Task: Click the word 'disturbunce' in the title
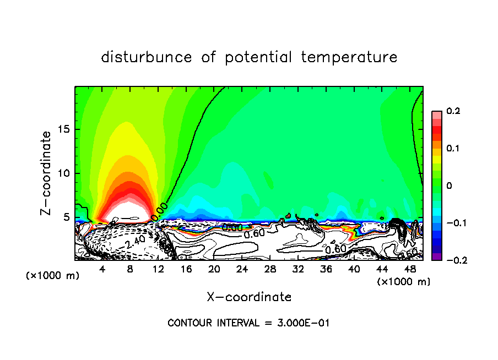[x=147, y=57]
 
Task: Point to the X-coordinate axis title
[x=249, y=297]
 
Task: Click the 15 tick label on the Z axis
[x=64, y=129]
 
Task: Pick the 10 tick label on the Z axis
[x=64, y=173]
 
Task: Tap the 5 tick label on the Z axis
[x=67, y=217]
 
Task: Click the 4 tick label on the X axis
[x=102, y=269]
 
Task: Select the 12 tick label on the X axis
[x=158, y=269]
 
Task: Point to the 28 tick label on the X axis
[x=270, y=269]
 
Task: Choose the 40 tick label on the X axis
[x=354, y=269]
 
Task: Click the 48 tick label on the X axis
[x=410, y=269]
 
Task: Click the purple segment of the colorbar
[x=436, y=257]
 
